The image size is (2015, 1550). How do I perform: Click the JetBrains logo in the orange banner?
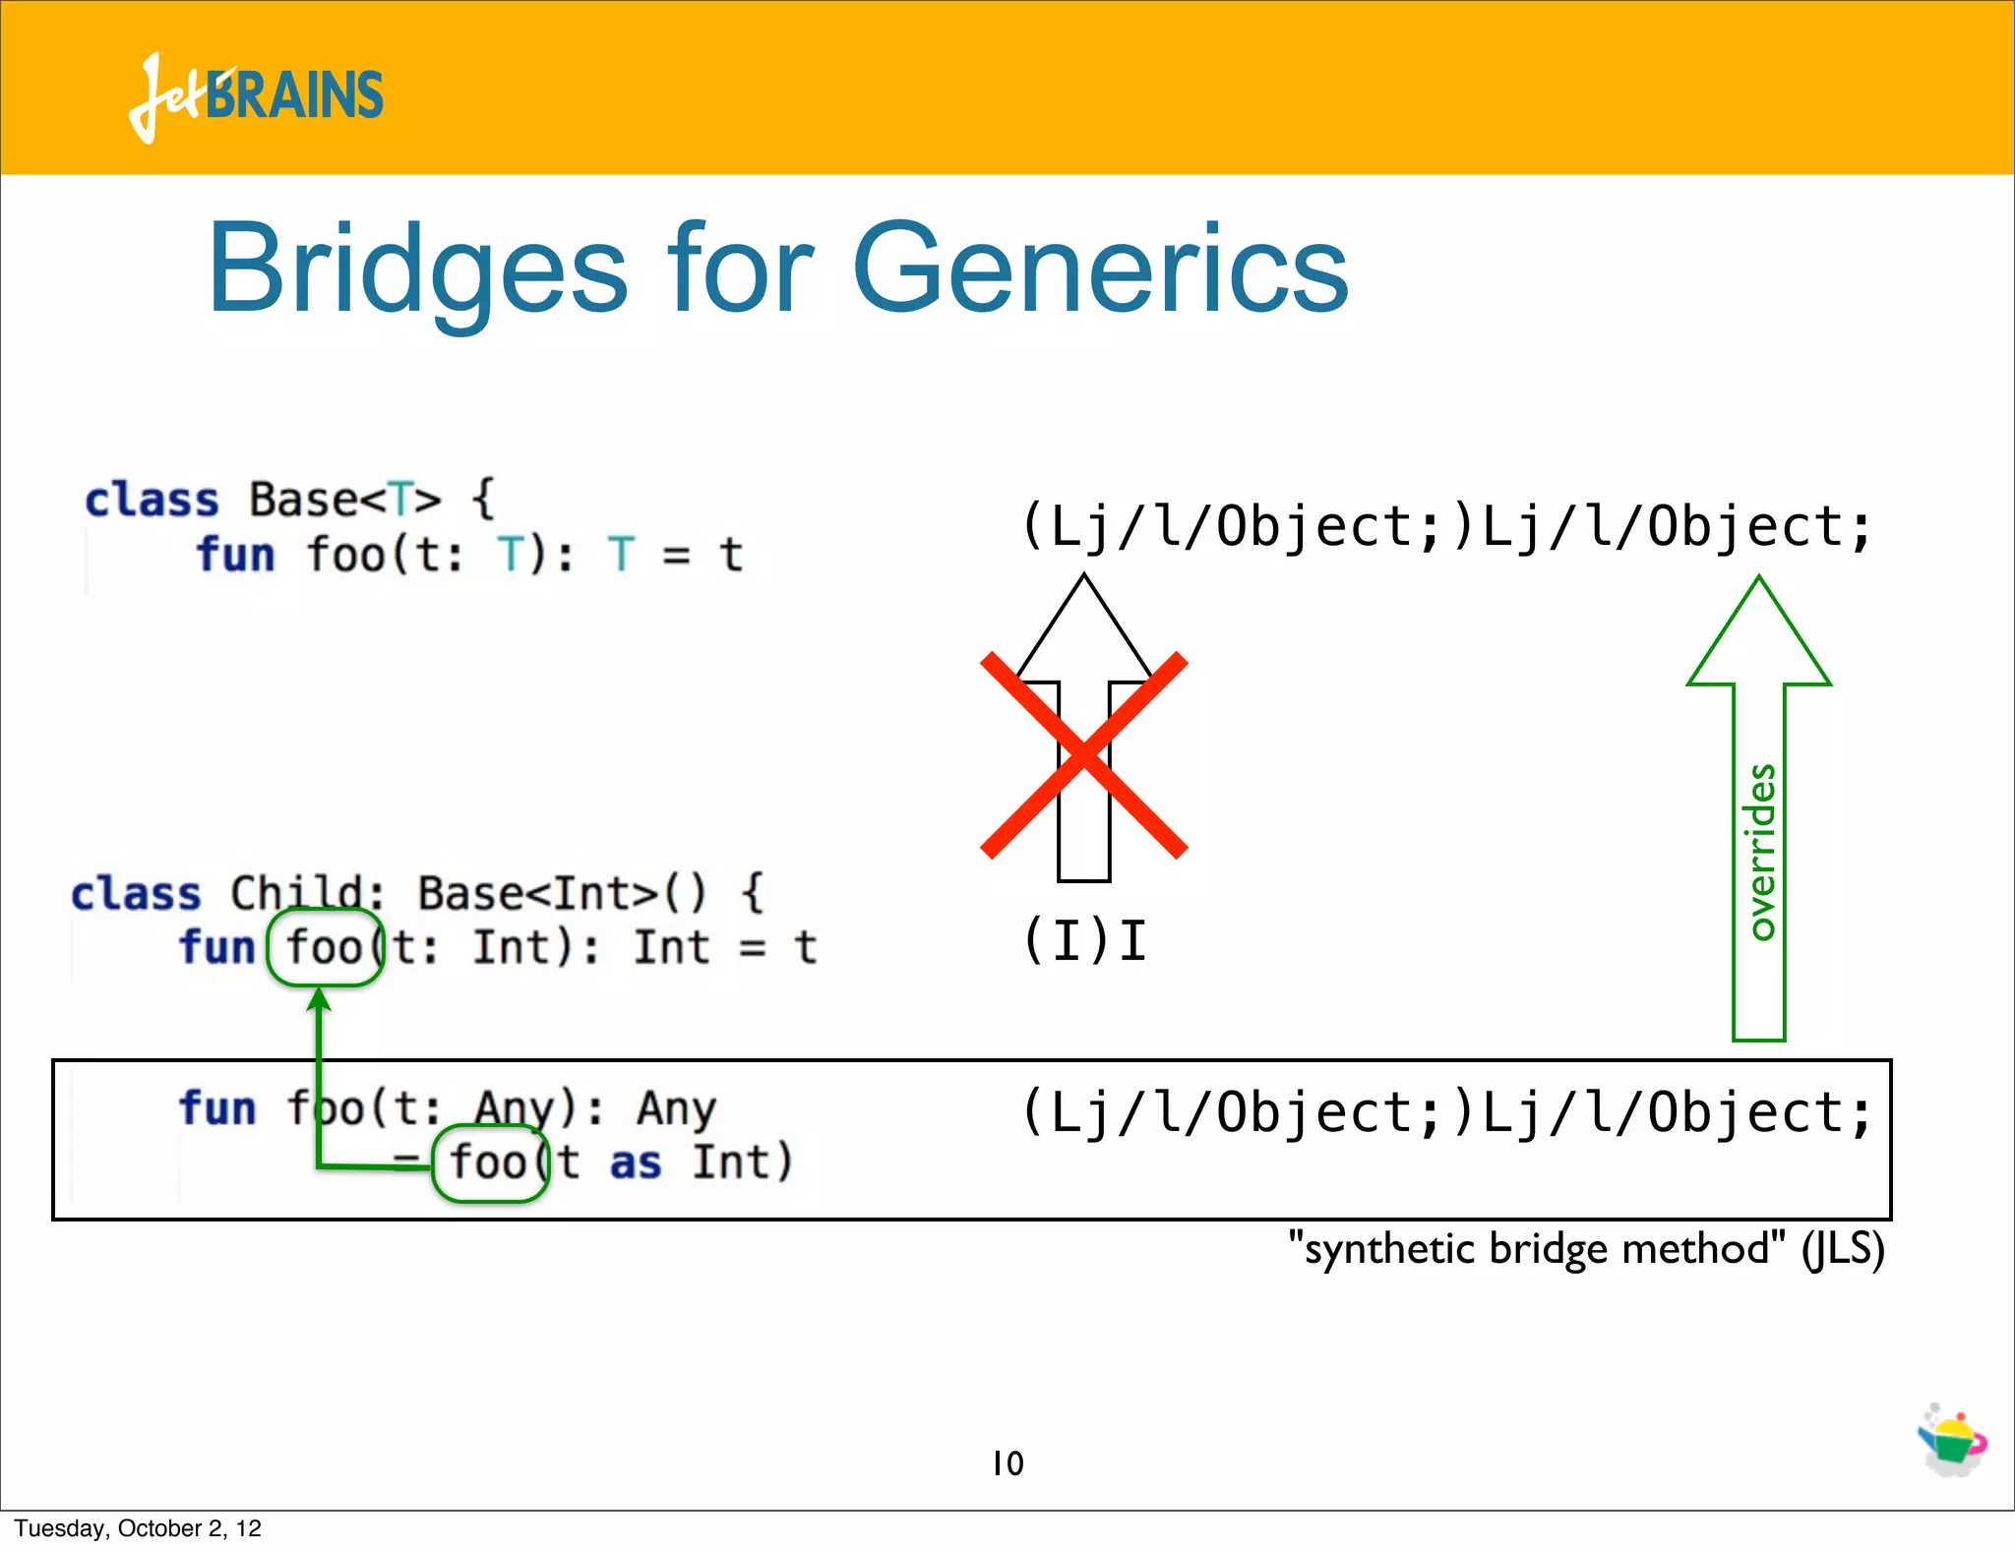[x=256, y=96]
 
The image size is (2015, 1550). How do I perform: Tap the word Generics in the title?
[x=1099, y=269]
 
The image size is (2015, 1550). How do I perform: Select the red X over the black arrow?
[x=1084, y=755]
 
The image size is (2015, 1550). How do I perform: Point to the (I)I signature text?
[x=1084, y=941]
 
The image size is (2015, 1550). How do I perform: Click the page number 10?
[x=1007, y=1463]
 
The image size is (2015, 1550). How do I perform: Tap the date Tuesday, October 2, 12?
[x=138, y=1528]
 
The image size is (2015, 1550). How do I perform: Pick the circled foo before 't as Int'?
[x=490, y=1162]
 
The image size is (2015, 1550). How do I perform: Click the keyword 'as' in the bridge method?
[x=635, y=1162]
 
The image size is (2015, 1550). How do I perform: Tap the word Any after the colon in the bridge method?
[x=677, y=1108]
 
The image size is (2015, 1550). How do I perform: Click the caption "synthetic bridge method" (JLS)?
[x=1586, y=1249]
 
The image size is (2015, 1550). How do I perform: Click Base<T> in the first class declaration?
[x=344, y=500]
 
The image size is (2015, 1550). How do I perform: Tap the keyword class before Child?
[x=136, y=894]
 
